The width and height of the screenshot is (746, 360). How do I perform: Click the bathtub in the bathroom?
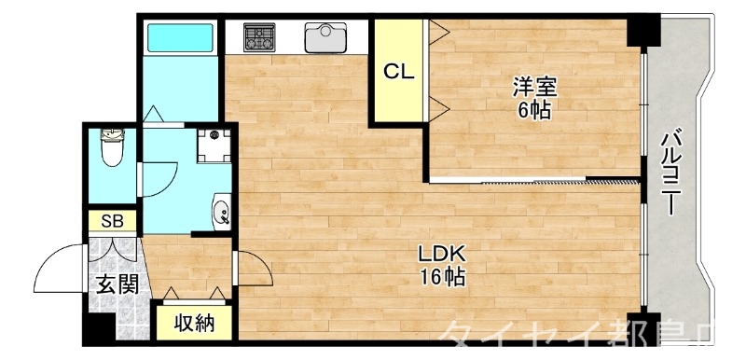pyautogui.click(x=182, y=37)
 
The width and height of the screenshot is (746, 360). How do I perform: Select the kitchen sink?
pyautogui.click(x=325, y=37)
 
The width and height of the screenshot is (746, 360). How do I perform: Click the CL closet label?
pyautogui.click(x=400, y=70)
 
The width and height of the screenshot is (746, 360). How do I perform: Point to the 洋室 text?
pyautogui.click(x=534, y=89)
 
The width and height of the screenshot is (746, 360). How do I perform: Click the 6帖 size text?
pyautogui.click(x=534, y=111)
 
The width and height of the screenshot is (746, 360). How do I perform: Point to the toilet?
pyautogui.click(x=114, y=146)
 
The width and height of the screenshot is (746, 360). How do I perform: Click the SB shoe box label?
pyautogui.click(x=112, y=221)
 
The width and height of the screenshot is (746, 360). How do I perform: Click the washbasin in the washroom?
pyautogui.click(x=222, y=214)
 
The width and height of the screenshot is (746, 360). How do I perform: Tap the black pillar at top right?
pyautogui.click(x=642, y=30)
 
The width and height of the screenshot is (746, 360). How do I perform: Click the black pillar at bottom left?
pyautogui.click(x=97, y=327)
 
